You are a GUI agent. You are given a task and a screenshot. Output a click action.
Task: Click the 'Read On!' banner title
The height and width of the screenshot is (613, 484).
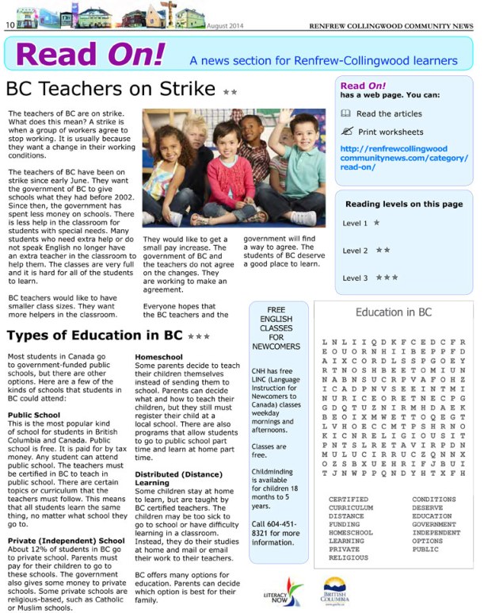coord(90,54)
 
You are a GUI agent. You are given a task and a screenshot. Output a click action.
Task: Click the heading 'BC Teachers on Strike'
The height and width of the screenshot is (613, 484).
coord(111,89)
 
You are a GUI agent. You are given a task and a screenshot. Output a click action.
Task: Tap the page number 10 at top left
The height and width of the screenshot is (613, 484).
coord(10,25)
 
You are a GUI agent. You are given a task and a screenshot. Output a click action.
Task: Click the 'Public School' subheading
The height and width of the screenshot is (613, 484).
coord(34,415)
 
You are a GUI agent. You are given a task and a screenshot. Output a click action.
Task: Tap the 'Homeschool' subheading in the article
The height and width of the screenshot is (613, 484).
coord(158,357)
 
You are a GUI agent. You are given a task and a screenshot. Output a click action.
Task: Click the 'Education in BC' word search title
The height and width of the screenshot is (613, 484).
coord(393,312)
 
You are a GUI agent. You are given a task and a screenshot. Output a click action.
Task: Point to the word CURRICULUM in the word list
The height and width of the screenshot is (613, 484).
coord(351,508)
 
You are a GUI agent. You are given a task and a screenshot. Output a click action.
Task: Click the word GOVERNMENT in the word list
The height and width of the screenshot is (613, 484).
coord(434,524)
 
